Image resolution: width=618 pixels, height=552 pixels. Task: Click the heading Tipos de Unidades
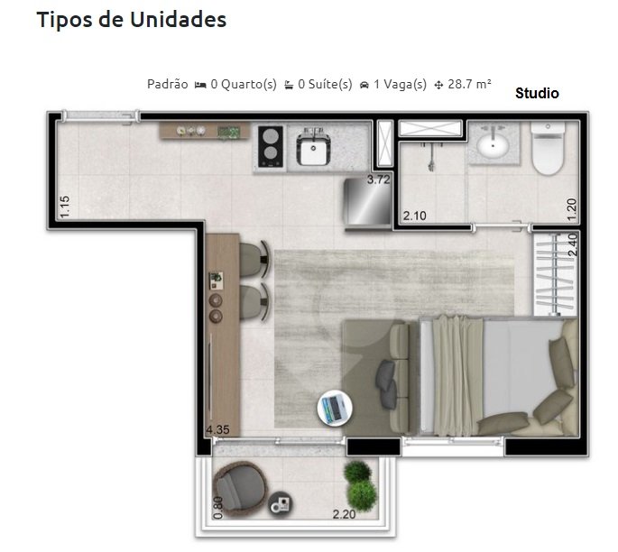coord(131,20)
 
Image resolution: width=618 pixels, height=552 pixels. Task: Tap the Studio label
coord(537,93)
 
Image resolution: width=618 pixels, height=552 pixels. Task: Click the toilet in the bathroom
coord(548,150)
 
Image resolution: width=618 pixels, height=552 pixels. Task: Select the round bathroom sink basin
coord(493,144)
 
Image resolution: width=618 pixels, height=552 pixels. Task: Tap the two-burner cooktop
coord(272,145)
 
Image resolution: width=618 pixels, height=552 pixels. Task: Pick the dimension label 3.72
coord(378,179)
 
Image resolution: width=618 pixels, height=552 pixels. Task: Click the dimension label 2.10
coord(414,216)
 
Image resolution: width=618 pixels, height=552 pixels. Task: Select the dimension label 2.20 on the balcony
coord(344,515)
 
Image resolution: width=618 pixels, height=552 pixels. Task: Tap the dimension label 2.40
coord(570,245)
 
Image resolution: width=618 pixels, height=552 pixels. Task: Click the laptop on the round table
coord(332,409)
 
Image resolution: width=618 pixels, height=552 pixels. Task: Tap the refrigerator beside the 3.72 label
coord(369,203)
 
